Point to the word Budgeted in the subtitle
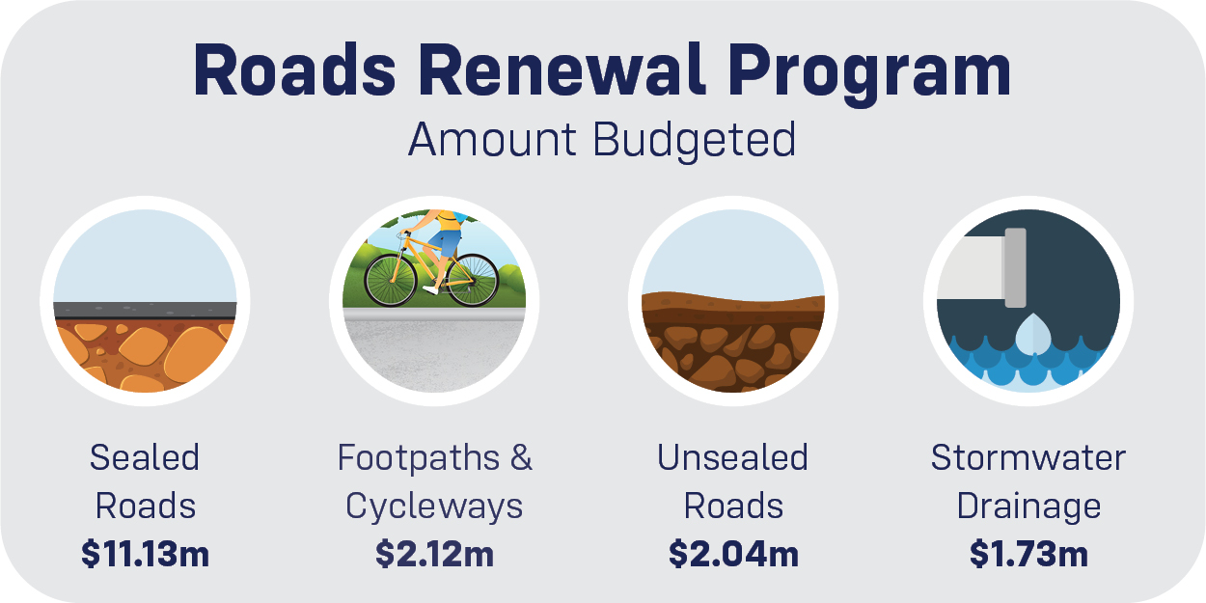695,140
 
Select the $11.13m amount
145,554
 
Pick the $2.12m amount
434,554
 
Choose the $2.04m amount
733,554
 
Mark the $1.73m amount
1028,554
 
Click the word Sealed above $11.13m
145,457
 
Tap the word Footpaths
421,457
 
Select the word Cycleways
434,506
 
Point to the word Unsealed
733,457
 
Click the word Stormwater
1028,457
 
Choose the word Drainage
1028,506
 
